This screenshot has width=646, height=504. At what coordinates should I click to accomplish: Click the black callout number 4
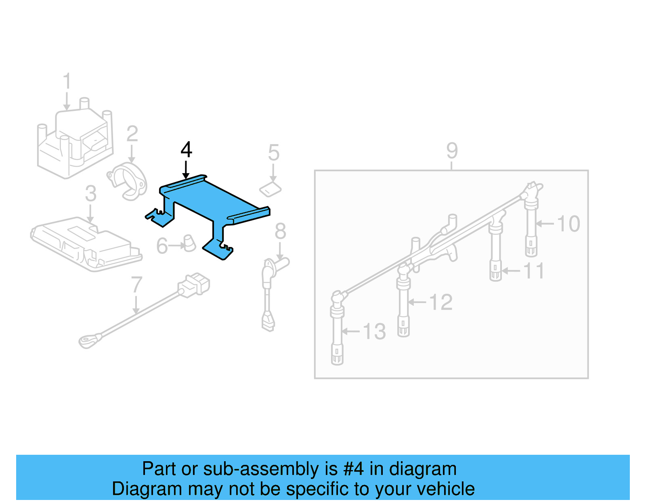click(x=186, y=150)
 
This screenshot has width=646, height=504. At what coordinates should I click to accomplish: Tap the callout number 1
click(x=67, y=81)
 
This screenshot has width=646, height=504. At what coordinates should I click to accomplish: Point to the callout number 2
click(x=132, y=134)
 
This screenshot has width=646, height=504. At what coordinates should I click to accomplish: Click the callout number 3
click(x=90, y=194)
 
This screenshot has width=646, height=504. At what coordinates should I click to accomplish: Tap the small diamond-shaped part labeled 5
click(x=270, y=189)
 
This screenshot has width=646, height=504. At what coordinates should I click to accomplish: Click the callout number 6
click(x=162, y=246)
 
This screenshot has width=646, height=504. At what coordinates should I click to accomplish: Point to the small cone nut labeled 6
click(x=189, y=243)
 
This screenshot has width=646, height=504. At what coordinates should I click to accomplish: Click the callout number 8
click(x=280, y=232)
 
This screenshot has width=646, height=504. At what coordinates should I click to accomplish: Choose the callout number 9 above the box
click(x=452, y=151)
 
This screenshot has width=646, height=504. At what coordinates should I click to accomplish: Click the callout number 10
click(x=568, y=224)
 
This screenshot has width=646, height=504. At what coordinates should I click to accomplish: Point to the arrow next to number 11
click(x=510, y=271)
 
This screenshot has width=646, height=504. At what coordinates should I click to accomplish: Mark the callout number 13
click(x=374, y=332)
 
